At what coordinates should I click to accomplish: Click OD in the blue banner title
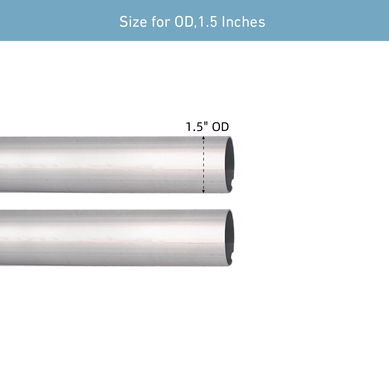pos(184,22)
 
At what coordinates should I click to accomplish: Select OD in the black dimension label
pos(221,127)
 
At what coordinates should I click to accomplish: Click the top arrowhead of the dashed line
pos(204,138)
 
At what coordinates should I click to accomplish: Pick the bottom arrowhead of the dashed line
pos(204,191)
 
